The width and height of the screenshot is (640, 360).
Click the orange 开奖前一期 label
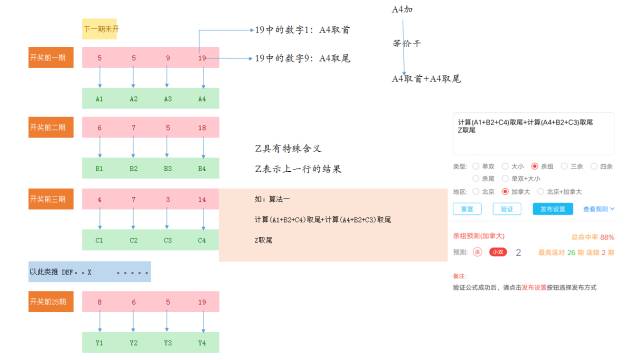pyautogui.click(x=48, y=58)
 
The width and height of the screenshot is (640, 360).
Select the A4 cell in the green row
pyautogui.click(x=202, y=99)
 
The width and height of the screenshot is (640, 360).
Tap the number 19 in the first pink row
pyautogui.click(x=202, y=59)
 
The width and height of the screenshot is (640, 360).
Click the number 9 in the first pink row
pyautogui.click(x=168, y=59)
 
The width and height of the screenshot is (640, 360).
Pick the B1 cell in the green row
pyautogui.click(x=100, y=169)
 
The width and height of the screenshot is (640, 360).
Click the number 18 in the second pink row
pyautogui.click(x=202, y=128)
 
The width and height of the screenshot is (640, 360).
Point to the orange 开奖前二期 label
pyautogui.click(x=48, y=128)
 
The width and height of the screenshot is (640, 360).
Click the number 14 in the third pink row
pyautogui.click(x=202, y=200)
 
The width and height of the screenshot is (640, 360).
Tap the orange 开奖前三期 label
pyautogui.click(x=48, y=200)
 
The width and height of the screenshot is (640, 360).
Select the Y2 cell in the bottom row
pyautogui.click(x=134, y=344)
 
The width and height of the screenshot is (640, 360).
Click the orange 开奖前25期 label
pyautogui.click(x=48, y=299)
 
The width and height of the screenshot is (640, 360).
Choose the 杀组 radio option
pyautogui.click(x=535, y=165)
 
